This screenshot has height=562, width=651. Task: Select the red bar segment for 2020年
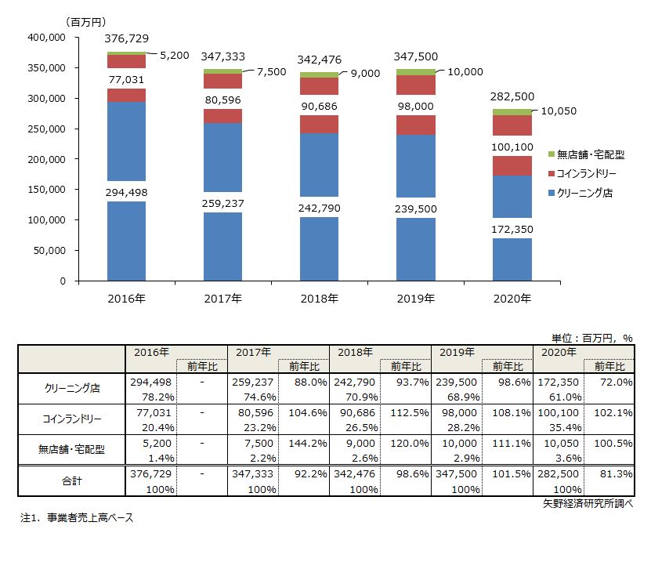click(512, 165)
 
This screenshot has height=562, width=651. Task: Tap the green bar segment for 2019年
click(415, 72)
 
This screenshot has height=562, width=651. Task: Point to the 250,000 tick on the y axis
click(47, 129)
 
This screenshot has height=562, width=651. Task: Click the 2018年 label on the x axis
click(319, 298)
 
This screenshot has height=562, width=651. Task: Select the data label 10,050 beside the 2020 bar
click(558, 111)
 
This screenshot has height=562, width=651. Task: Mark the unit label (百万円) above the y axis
click(87, 21)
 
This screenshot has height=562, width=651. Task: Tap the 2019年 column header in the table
click(457, 353)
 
